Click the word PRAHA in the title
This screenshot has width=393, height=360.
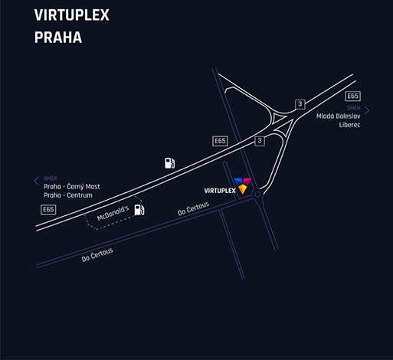(x=58, y=38)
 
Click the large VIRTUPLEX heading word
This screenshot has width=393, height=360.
(x=72, y=15)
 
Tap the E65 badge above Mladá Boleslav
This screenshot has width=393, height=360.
(x=353, y=96)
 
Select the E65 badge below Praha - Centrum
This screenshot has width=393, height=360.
(x=48, y=210)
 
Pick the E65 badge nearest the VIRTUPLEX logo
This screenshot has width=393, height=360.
(x=220, y=141)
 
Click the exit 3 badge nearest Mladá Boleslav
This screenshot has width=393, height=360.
(x=300, y=104)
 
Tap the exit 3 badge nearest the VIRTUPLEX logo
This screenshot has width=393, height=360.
(x=260, y=141)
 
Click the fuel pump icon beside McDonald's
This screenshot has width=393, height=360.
(x=139, y=210)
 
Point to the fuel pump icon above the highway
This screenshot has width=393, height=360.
(x=169, y=163)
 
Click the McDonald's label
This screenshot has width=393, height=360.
(x=113, y=213)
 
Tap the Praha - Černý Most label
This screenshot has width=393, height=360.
(x=72, y=187)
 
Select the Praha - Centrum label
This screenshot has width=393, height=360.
(x=68, y=195)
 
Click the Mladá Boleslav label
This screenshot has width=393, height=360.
(x=338, y=116)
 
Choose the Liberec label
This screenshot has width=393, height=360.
(x=349, y=125)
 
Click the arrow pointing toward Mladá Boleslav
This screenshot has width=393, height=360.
(x=367, y=110)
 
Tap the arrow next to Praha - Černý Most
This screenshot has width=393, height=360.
(x=36, y=181)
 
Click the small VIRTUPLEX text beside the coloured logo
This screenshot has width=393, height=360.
(x=220, y=191)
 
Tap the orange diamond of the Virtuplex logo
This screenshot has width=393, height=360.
(x=242, y=189)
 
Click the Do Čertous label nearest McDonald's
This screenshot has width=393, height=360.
(x=193, y=208)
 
